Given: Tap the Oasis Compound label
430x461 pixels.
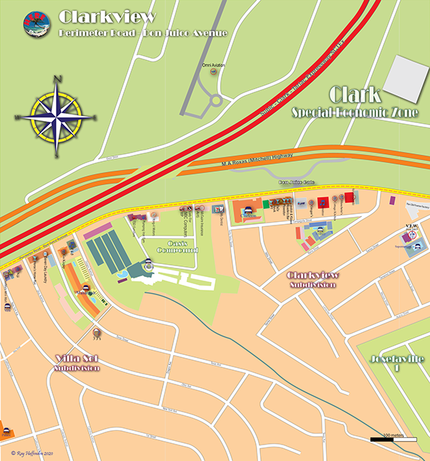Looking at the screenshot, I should pyautogui.click(x=177, y=246).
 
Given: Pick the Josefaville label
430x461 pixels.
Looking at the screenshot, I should pyautogui.click(x=395, y=362).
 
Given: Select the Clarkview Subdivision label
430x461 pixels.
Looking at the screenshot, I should pyautogui.click(x=312, y=279).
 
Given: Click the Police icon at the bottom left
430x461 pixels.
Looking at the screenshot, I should pyautogui.click(x=6, y=432).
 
